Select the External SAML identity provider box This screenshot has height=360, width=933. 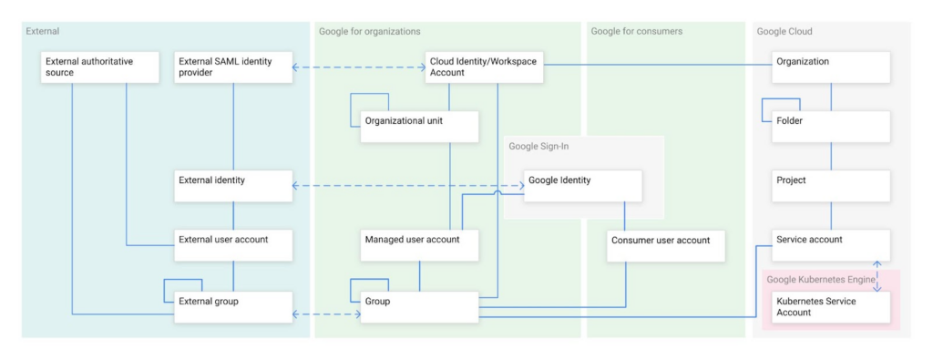[233, 67]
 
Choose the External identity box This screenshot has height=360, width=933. [233, 186]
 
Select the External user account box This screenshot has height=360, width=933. [233, 244]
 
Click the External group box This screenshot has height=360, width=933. [233, 307]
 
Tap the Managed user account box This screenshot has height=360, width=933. [418, 244]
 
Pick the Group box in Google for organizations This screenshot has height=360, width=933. [418, 307]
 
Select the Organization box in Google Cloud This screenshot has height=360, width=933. [831, 67]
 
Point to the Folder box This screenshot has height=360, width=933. [831, 127]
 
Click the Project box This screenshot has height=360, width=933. [831, 186]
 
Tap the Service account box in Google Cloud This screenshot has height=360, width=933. [831, 244]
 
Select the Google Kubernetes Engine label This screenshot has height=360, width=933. [820, 279]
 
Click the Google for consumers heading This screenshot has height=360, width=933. [636, 31]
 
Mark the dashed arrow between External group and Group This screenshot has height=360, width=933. [326, 315]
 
